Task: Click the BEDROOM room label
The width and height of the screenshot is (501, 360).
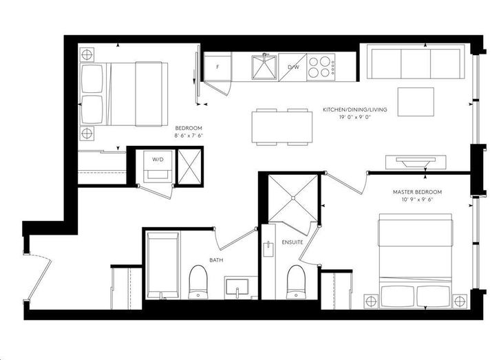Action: [189, 128]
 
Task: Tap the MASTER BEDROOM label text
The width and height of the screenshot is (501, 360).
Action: [417, 192]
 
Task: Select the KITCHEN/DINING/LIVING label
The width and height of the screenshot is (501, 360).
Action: [354, 109]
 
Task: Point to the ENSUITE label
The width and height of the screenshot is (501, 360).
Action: [292, 242]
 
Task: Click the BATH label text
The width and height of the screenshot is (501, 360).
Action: [216, 260]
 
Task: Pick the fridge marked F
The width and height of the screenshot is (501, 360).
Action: [217, 67]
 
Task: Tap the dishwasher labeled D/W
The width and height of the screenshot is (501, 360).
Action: [292, 67]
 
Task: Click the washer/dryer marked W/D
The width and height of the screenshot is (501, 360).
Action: [158, 167]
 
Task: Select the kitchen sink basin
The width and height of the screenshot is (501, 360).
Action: [264, 67]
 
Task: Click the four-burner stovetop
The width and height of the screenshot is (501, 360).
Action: [321, 67]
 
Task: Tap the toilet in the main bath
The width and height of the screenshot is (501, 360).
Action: [198, 282]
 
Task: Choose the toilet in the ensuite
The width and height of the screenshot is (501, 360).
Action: [296, 282]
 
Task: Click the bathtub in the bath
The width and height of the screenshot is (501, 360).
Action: [162, 266]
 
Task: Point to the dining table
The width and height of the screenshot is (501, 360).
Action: [282, 127]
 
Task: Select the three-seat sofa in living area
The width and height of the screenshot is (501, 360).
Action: [416, 62]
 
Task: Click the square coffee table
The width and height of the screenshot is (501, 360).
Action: [416, 102]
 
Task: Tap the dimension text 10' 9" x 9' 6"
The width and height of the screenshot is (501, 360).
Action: [417, 200]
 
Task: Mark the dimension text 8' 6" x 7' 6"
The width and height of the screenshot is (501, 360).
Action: [189, 136]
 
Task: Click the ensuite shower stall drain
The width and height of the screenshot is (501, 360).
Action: [292, 198]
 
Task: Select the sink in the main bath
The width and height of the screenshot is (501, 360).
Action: [237, 286]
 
